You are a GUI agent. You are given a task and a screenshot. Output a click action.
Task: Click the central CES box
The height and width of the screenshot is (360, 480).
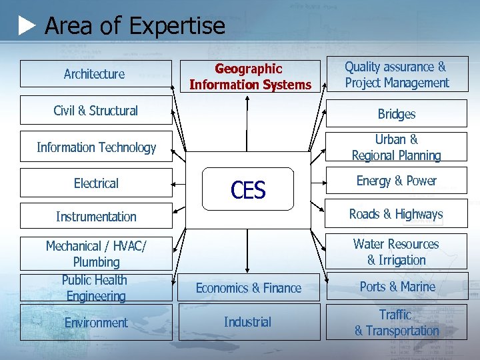[x=248, y=190]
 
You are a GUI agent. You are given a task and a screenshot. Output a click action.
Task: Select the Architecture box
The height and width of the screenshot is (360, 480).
[x=95, y=74]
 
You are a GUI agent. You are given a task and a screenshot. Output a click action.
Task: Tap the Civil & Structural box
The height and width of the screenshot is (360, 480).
[x=95, y=111]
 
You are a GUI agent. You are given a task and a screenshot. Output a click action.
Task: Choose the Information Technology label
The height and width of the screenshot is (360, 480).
[x=96, y=147]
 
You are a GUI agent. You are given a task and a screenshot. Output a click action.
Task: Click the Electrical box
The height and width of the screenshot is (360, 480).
[x=96, y=183]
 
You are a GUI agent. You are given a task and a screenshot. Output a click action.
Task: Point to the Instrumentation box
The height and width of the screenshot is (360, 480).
[x=96, y=216]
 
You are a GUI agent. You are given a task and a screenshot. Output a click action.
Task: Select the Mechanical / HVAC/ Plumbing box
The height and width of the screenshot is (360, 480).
[x=96, y=254]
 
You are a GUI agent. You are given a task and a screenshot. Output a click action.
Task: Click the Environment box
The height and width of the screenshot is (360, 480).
[x=96, y=323]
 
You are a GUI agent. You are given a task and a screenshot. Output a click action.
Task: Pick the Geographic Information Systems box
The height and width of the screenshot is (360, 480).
[x=250, y=77]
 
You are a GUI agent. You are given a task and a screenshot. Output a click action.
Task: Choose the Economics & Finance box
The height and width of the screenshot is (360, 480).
[x=249, y=288]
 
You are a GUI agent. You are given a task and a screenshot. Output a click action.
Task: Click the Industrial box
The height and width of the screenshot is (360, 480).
[x=248, y=322]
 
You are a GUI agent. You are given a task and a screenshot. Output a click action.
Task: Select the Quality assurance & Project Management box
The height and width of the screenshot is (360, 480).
[x=397, y=74]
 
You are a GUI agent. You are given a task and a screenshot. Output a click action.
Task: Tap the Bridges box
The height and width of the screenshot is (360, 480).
[x=397, y=114]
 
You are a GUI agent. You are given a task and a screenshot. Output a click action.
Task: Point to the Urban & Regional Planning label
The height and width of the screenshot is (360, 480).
[x=397, y=147]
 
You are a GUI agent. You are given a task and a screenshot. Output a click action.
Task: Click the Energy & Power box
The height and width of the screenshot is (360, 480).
[x=397, y=181]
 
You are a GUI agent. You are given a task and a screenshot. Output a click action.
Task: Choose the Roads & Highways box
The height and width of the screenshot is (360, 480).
[x=397, y=214]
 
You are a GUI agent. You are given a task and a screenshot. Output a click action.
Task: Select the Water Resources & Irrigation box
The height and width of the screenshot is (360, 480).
[x=397, y=252]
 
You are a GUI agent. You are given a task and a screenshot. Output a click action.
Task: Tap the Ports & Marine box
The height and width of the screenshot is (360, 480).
[x=397, y=287]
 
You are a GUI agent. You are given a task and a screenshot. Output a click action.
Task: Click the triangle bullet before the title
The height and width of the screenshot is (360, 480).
[x=27, y=27]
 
